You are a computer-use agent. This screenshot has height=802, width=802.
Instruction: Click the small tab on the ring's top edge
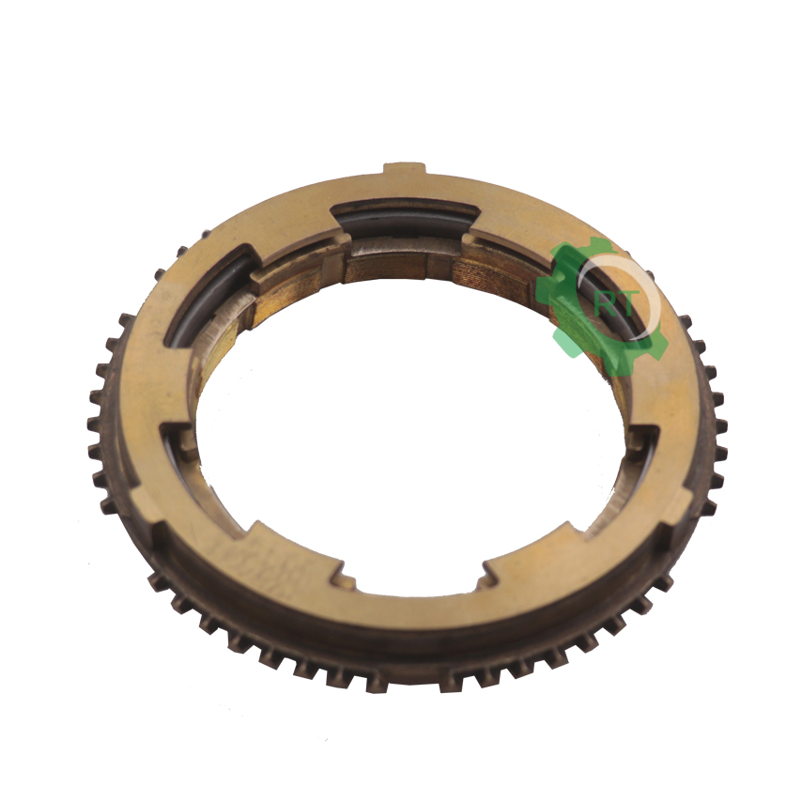[x=405, y=169]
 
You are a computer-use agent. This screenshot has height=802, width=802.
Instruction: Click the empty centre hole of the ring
[x=404, y=440]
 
